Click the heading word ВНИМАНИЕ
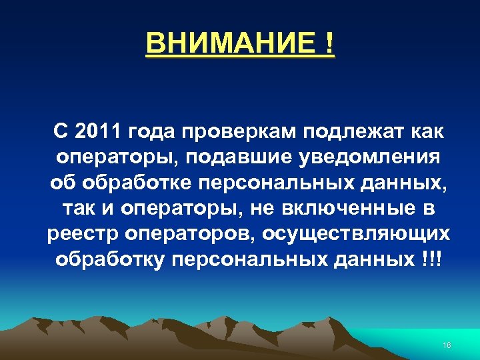coord(231,43)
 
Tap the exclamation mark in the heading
coord(329,43)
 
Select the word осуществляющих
coord(356,235)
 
